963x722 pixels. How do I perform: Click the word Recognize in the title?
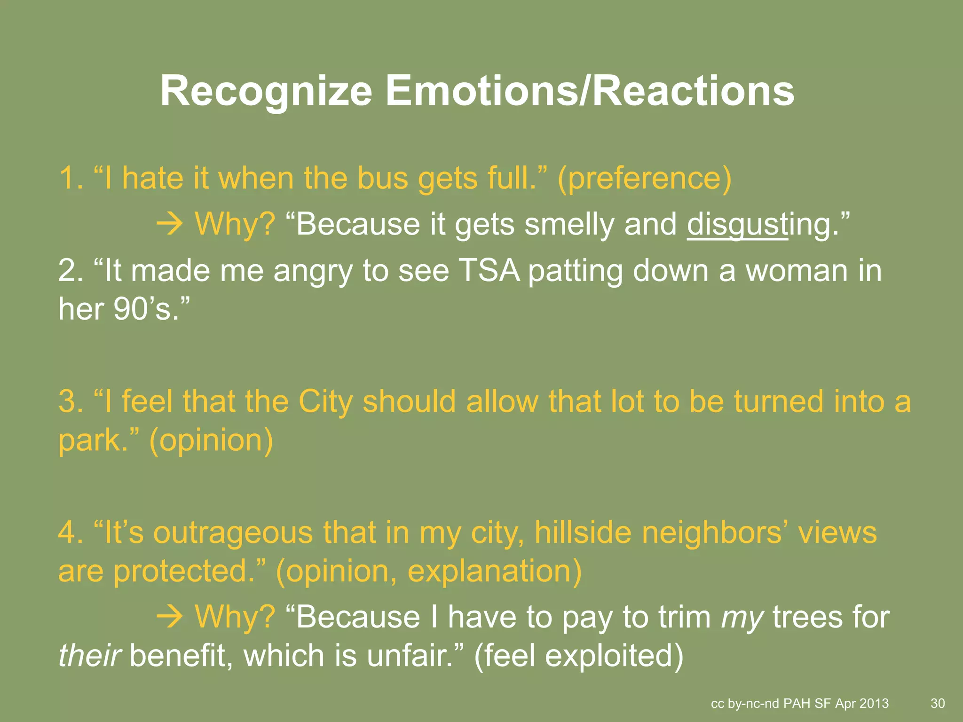pos(266,92)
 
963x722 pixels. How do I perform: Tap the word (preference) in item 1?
pos(644,179)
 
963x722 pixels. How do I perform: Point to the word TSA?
pos(489,271)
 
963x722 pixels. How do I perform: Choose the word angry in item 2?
pos(312,272)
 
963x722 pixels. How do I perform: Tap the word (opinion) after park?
pos(211,441)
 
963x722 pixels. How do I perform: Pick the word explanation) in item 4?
pos(494,572)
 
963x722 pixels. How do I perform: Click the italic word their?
pos(89,656)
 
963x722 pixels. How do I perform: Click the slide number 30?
pos(938,703)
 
